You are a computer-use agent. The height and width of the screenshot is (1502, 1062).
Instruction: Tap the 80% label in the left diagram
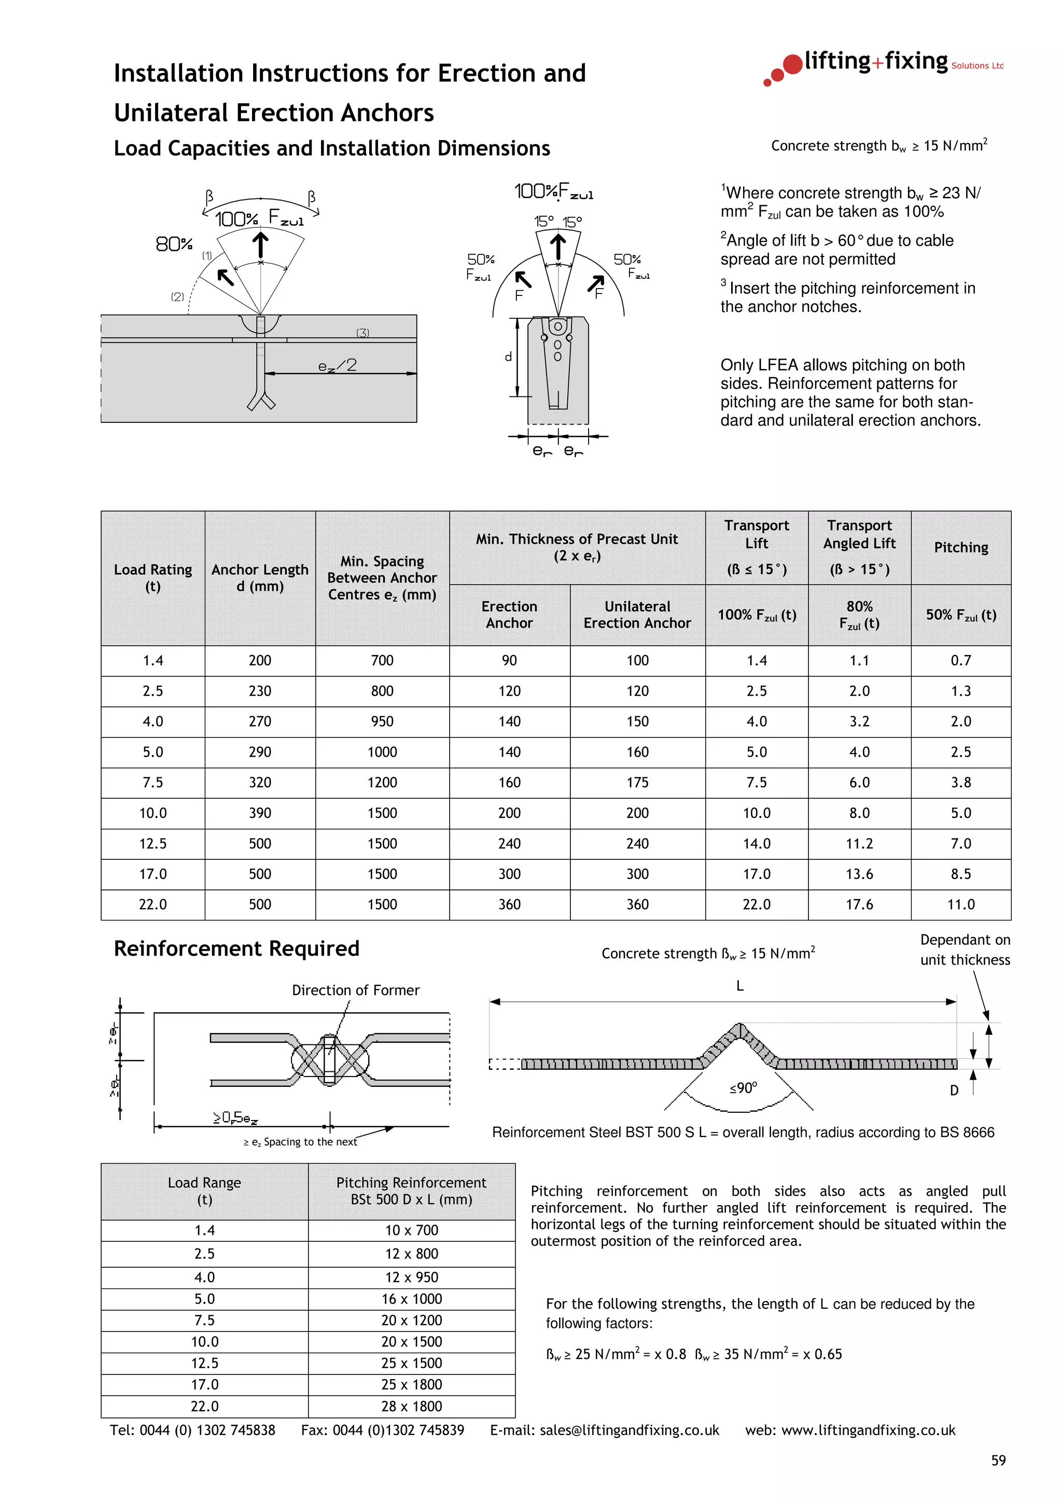click(x=173, y=244)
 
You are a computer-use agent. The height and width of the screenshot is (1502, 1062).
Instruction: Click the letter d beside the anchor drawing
click(x=508, y=357)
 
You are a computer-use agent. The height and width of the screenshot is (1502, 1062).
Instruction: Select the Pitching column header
click(x=960, y=547)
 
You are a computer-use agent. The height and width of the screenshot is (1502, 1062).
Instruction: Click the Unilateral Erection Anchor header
click(x=637, y=614)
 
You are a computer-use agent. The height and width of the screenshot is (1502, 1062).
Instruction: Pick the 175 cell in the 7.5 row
click(x=637, y=783)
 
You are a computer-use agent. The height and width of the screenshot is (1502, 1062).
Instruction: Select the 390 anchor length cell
click(x=260, y=813)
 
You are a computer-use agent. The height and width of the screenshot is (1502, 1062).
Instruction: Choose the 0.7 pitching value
click(x=960, y=660)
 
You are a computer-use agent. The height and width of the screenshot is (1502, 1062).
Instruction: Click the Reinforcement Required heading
click(x=236, y=948)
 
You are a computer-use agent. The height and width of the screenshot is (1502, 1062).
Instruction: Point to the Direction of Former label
click(x=355, y=990)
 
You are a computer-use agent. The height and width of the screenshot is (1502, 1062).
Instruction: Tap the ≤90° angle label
click(x=743, y=1088)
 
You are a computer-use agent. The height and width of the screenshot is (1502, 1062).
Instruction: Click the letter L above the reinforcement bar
click(x=739, y=986)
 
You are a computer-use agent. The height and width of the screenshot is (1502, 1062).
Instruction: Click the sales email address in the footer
click(x=629, y=1430)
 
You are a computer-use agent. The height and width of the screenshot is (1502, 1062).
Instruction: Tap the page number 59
click(x=998, y=1460)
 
